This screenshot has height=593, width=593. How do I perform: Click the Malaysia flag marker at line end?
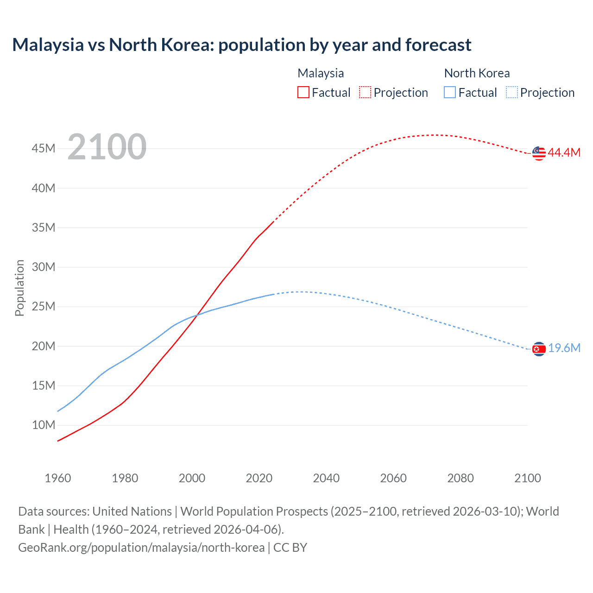click(539, 153)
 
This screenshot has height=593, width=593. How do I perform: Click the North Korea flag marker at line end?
click(539, 349)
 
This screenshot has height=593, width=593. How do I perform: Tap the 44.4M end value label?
click(564, 153)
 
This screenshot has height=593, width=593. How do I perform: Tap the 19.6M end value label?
click(564, 348)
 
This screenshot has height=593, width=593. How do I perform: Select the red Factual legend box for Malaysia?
click(303, 93)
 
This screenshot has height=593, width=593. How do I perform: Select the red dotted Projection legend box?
click(365, 93)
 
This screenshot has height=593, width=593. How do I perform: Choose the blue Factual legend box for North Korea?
click(449, 93)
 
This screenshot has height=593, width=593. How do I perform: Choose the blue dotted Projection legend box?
click(512, 93)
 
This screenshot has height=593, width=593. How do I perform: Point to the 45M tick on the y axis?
click(44, 149)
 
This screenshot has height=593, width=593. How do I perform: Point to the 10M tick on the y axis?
click(44, 425)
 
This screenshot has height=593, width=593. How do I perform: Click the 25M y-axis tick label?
click(44, 307)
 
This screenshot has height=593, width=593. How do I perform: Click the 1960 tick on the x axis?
click(58, 478)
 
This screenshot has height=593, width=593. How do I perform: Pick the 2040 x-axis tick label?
click(326, 478)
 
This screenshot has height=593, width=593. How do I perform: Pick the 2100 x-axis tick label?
click(527, 478)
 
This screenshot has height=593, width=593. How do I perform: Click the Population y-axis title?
click(19, 288)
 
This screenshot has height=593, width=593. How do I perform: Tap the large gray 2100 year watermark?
click(107, 147)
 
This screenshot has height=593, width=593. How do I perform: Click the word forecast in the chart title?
click(438, 45)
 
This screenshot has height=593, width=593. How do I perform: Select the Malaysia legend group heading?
click(321, 73)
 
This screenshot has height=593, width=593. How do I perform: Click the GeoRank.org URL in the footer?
click(141, 548)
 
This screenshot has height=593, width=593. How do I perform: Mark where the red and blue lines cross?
click(196, 315)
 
